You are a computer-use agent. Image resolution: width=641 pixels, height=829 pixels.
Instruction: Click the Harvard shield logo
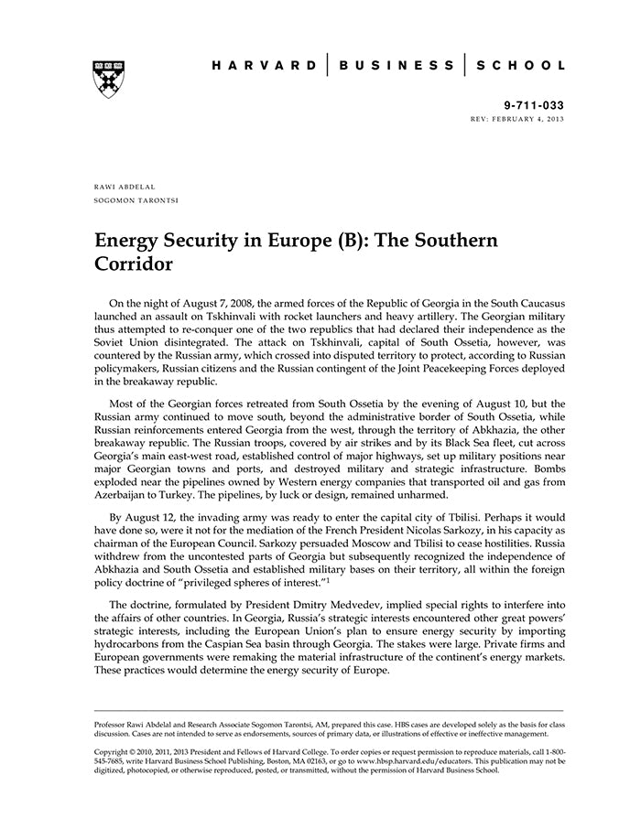[x=108, y=79]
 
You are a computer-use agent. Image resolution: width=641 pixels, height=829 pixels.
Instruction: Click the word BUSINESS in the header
[x=397, y=66]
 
